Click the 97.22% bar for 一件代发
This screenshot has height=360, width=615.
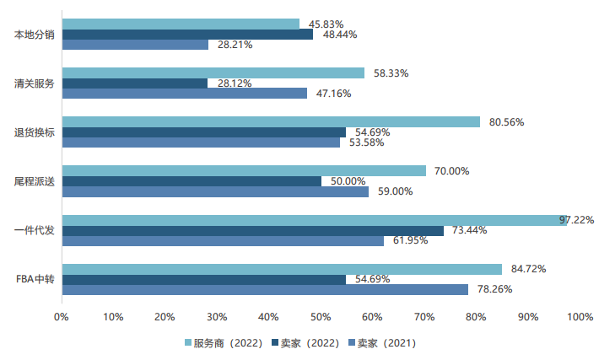pos(312,220)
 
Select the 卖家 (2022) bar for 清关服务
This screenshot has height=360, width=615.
pos(134,83)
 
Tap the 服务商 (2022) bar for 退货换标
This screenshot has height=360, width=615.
pos(270,122)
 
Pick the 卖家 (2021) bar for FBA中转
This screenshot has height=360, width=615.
pos(264,290)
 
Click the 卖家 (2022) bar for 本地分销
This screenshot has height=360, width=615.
pos(186,35)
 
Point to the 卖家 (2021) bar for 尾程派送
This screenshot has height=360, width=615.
pos(214,191)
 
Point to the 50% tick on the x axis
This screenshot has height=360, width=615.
pos(321,317)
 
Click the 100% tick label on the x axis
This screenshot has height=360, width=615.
pos(580,317)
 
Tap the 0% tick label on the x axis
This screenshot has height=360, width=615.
pos(62,317)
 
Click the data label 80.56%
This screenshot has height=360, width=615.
pos(507,122)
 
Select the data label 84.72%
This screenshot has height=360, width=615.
pos(529,270)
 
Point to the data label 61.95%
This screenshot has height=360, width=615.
pos(411,241)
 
